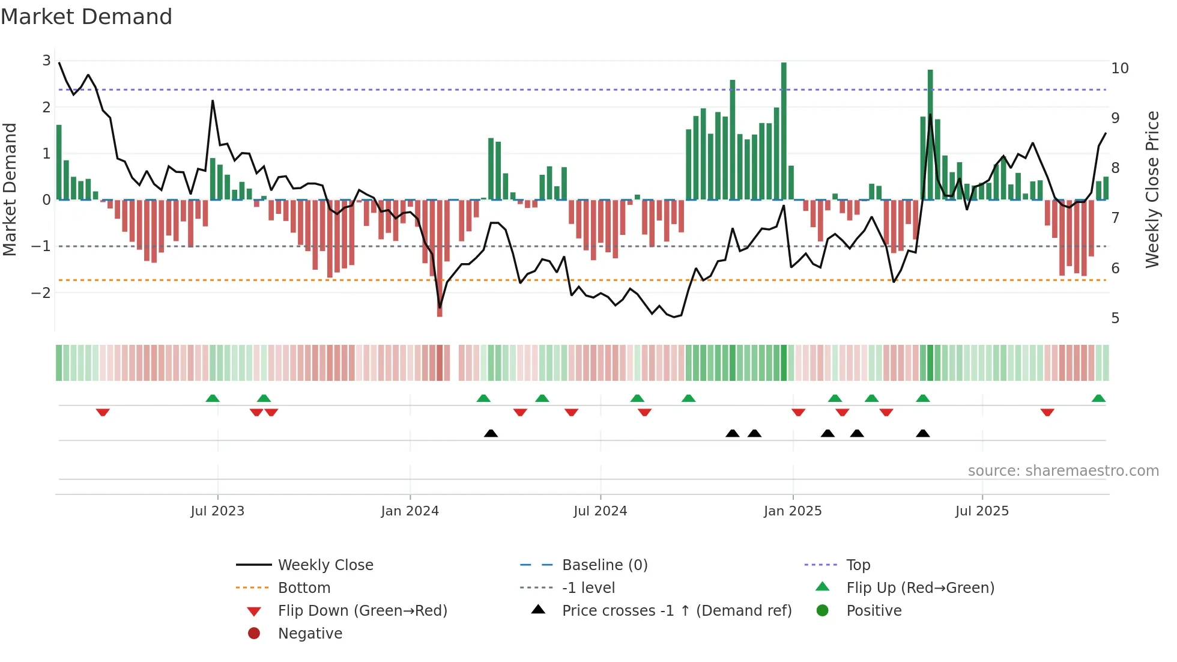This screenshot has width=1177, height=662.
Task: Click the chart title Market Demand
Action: [x=86, y=17]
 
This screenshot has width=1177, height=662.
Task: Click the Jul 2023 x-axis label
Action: [x=217, y=511]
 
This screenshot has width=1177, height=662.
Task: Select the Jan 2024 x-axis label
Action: [x=410, y=511]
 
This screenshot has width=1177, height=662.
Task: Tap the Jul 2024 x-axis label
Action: [x=600, y=511]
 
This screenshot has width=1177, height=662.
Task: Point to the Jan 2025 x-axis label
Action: [x=793, y=511]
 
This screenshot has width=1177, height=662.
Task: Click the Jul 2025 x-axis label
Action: [x=982, y=511]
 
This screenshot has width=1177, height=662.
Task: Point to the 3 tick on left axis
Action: [x=47, y=61]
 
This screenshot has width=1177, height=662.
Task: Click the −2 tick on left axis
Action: [x=42, y=293]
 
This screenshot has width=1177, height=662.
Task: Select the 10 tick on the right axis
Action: [x=1120, y=68]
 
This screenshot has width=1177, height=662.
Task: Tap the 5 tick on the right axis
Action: [x=1116, y=318]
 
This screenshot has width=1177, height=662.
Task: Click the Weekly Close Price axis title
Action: [x=1152, y=189]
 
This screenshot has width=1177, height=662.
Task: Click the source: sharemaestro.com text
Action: [x=1063, y=471]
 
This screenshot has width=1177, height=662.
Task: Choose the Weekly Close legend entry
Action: [x=325, y=565]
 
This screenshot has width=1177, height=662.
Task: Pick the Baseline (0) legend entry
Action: [x=605, y=565]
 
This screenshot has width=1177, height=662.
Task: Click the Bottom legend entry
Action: [x=304, y=588]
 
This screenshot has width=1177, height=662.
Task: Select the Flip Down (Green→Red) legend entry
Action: [x=362, y=611]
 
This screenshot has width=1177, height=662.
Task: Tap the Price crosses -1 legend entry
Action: [x=677, y=611]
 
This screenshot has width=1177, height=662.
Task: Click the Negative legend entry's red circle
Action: [x=254, y=634]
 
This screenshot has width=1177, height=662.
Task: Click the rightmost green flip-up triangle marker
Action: [x=1098, y=398]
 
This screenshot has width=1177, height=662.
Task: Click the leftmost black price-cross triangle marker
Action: [x=491, y=433]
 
